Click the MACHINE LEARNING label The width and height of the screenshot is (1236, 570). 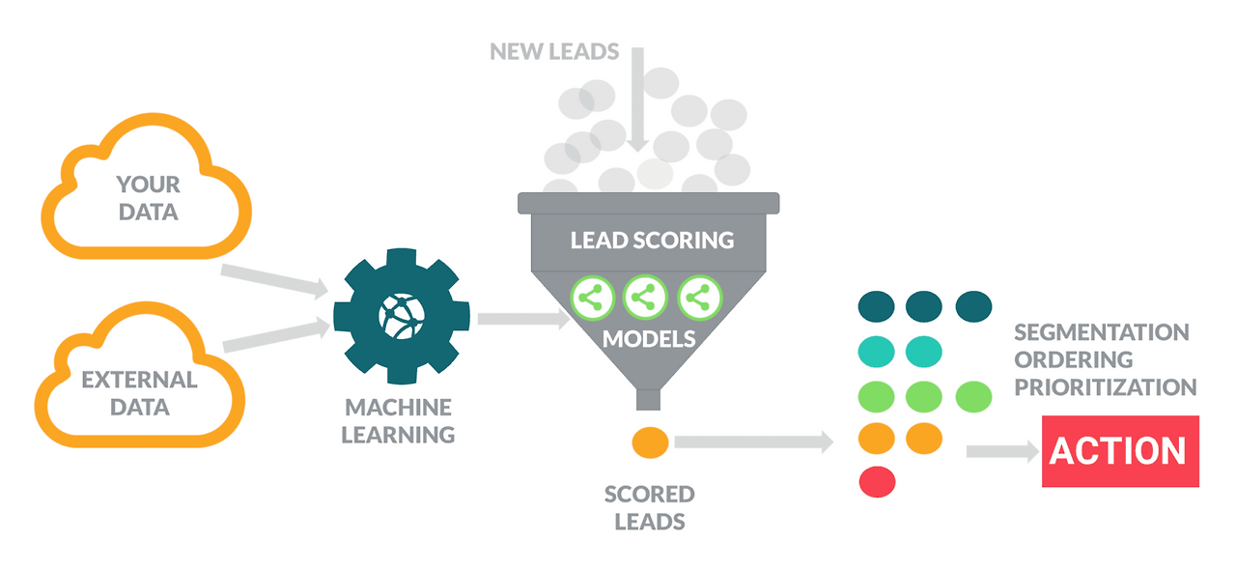tap(398, 420)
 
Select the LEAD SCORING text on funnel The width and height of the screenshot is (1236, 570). tap(652, 240)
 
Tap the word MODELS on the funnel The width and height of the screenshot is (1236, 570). tap(649, 339)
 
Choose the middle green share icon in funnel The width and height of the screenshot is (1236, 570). tap(645, 298)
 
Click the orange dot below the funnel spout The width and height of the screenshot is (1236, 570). tap(651, 442)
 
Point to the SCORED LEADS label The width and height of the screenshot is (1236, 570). tap(649, 508)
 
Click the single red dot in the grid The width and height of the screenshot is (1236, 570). tap(877, 480)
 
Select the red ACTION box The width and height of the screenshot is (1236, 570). tap(1119, 451)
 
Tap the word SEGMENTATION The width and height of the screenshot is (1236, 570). tap(1101, 332)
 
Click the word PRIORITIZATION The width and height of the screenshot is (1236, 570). tap(1105, 387)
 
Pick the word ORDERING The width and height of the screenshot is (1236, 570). tap(1073, 359)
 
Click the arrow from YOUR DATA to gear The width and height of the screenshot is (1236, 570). tap(274, 280)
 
